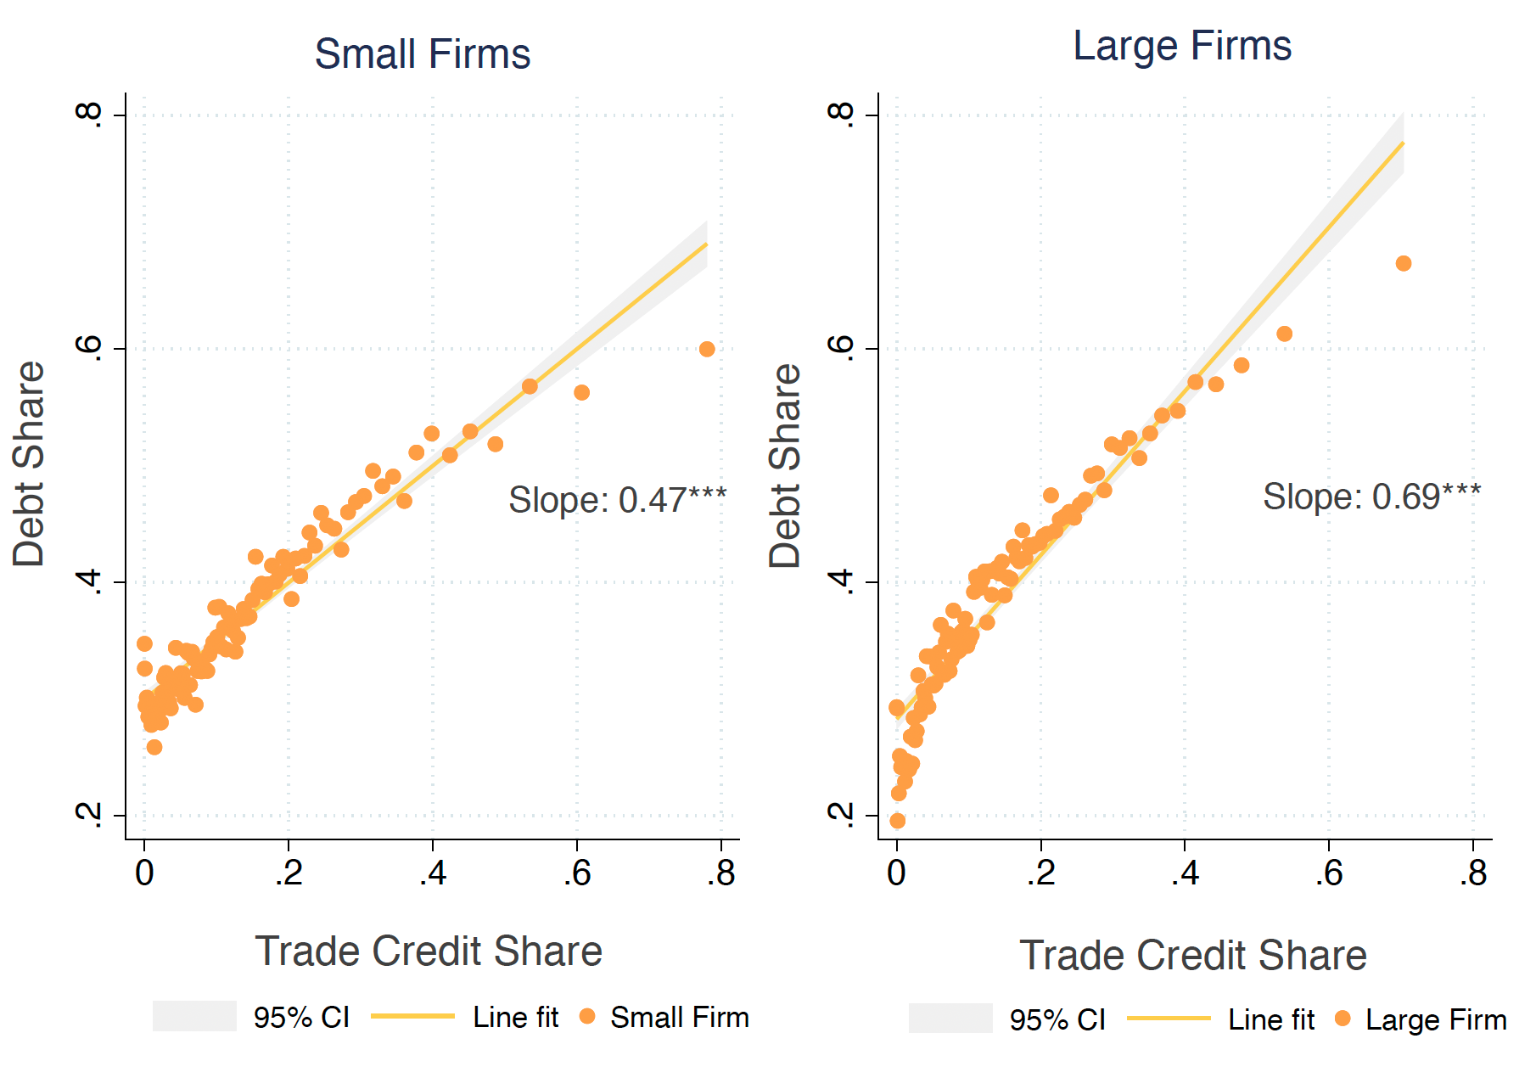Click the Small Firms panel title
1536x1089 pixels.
tap(422, 54)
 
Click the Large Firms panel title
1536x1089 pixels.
tap(1181, 46)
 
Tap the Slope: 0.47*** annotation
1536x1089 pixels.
tap(617, 500)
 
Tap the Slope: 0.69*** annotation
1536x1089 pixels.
tap(1371, 497)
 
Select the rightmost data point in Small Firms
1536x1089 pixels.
tap(707, 349)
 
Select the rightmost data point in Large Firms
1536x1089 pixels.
tap(1404, 264)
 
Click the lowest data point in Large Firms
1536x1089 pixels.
tap(897, 821)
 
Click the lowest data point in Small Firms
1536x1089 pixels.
tap(154, 747)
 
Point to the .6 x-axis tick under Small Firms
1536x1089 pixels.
tap(577, 873)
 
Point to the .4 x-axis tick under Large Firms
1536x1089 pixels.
tap(1185, 873)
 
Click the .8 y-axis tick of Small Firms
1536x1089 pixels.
tap(90, 115)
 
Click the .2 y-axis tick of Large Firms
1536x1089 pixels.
tap(842, 815)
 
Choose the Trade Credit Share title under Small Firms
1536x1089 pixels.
tap(429, 951)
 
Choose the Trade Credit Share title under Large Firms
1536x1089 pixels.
tap(1192, 956)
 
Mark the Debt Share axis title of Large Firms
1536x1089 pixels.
tap(785, 466)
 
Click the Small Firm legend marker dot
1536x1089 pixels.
tap(586, 1016)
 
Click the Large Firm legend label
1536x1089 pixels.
tap(1436, 1019)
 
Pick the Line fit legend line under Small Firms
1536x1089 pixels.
tap(412, 1016)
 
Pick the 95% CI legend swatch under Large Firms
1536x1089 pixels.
tap(950, 1019)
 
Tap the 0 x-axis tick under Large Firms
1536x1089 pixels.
tap(897, 873)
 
